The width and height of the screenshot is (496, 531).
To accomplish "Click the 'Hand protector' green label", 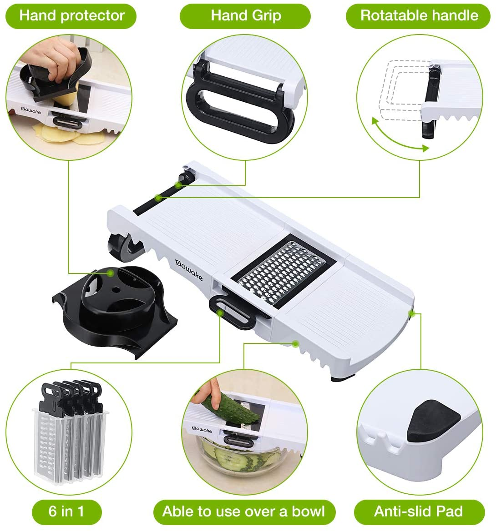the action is [71, 16].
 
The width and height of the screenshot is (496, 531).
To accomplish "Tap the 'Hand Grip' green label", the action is [245, 16].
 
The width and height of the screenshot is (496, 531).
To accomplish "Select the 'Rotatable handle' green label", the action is [418, 16].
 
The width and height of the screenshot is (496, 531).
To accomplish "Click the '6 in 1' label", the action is [67, 511].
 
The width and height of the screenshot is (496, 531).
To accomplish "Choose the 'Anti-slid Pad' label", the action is [419, 511].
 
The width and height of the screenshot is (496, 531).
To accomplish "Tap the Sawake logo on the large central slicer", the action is [189, 270].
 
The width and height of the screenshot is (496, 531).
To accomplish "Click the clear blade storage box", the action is [70, 444].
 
